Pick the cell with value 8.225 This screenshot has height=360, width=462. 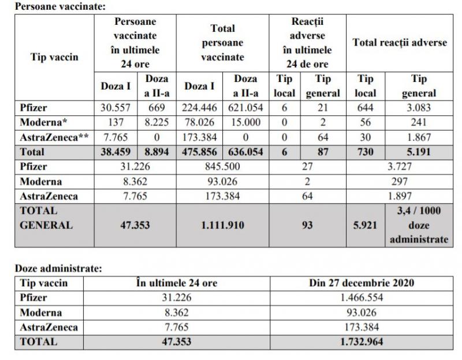point(157,123)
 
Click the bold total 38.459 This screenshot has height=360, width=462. point(116,152)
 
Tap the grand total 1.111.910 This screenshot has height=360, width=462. point(223,226)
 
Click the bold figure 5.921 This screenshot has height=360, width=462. point(366,226)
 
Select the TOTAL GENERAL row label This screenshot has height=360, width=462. point(46,219)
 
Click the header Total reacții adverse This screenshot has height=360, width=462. point(400,43)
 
